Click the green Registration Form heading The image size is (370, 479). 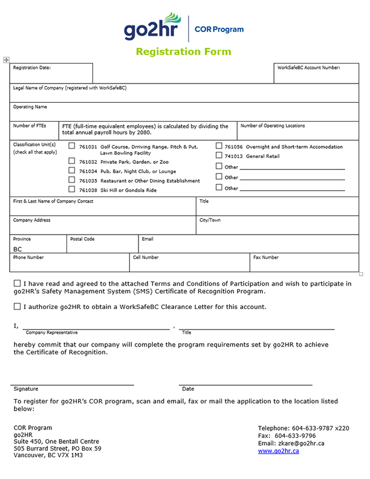[x=183, y=51]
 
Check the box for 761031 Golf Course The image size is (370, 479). [x=72, y=146]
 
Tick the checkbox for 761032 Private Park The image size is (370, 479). [x=72, y=161]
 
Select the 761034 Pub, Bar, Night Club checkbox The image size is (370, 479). [x=72, y=171]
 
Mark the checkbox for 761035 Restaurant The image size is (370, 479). [x=72, y=180]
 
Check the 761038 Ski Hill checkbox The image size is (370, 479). [x=72, y=189]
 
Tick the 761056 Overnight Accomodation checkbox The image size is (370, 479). [x=219, y=146]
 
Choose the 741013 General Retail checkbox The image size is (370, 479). [x=219, y=155]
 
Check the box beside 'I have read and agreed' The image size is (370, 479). [x=17, y=283]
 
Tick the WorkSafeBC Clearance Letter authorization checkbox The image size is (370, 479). [x=17, y=307]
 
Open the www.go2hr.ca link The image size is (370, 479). [x=278, y=451]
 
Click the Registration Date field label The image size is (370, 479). [x=32, y=68]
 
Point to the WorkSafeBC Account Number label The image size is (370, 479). [x=308, y=68]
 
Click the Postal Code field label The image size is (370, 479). [x=82, y=239]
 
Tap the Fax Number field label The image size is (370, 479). [x=265, y=257]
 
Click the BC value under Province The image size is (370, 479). [x=18, y=249]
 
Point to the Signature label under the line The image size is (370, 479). [x=25, y=389]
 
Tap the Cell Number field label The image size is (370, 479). [x=146, y=257]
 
